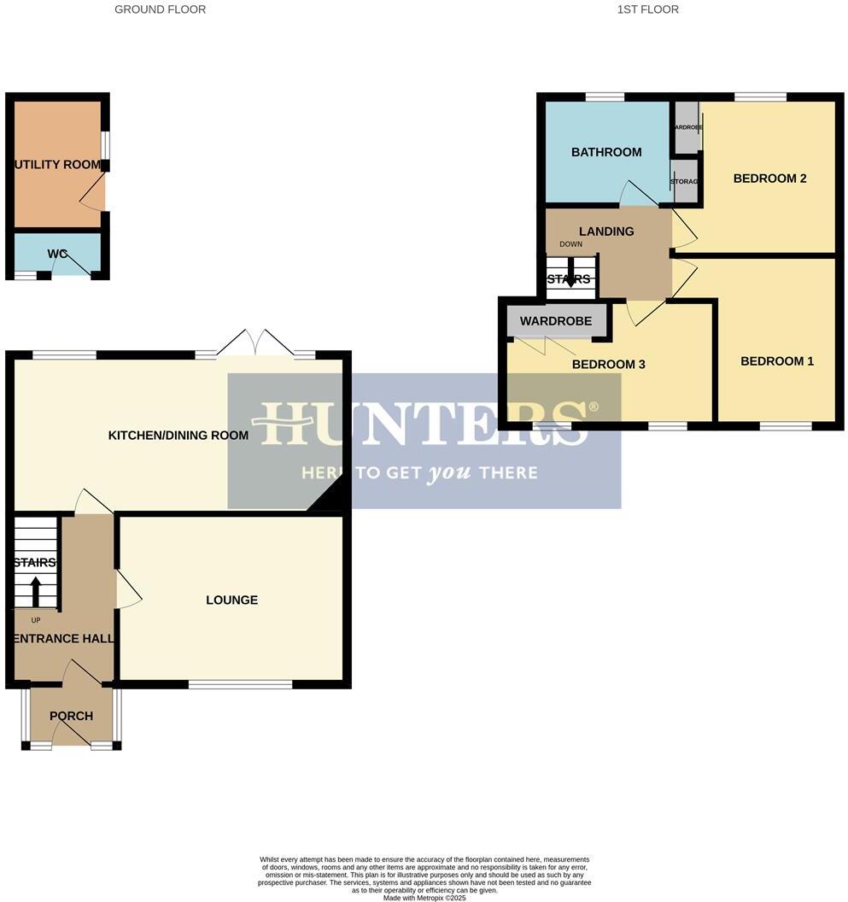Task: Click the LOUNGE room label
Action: pos(231,600)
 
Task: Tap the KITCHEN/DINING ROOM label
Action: pos(178,436)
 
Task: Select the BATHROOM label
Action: pos(606,152)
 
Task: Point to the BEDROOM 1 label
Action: pos(776,361)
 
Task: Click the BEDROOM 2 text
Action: pos(769,179)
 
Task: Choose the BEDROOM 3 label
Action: pos(608,365)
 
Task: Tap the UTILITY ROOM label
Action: pos(57,164)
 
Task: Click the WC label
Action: pos(57,254)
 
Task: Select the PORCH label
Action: pos(71,716)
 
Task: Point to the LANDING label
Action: pos(606,231)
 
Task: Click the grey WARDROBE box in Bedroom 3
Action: pos(556,322)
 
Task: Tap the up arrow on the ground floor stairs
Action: pos(36,590)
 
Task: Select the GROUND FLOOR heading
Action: pos(160,9)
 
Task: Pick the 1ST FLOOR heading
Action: pos(647,9)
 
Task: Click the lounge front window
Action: pos(240,683)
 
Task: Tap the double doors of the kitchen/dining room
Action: pos(254,344)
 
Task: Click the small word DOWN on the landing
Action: pos(570,244)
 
